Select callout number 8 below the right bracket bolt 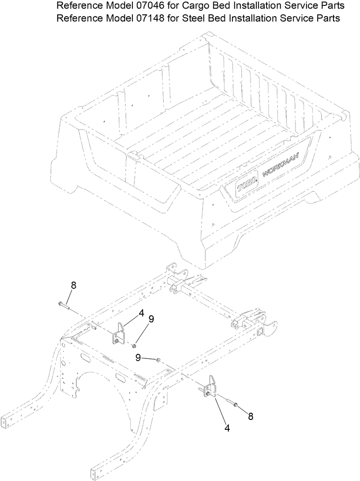[250, 416]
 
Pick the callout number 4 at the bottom [227, 428]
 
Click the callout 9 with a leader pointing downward [151, 319]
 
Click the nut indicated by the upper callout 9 [134, 345]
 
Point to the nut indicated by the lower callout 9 [158, 359]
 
